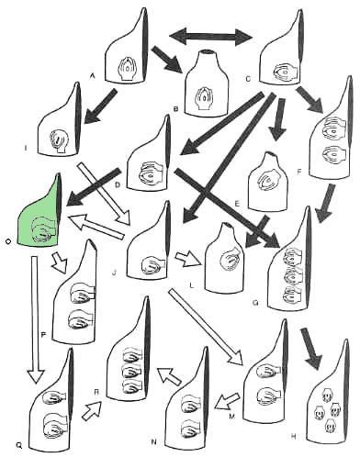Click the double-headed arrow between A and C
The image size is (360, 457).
210,37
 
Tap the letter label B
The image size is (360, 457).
175,108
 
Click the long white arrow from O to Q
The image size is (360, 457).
35,319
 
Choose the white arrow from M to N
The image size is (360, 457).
227,401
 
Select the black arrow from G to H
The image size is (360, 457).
311,348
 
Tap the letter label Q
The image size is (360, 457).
19,446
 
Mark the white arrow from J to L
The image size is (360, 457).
188,257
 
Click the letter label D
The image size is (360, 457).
118,185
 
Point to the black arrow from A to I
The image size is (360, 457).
98,106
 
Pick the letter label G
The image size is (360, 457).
255,303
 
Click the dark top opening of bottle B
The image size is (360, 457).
209,51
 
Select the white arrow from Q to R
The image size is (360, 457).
92,410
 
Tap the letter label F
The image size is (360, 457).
299,172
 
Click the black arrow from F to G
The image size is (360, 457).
325,203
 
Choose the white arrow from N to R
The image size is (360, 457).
169,375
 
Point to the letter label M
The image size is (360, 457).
231,416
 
